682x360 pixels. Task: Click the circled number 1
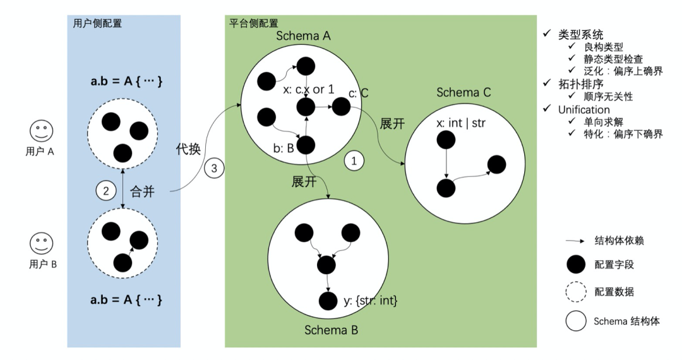[354, 161]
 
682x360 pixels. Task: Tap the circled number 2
[105, 191]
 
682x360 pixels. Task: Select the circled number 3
[214, 168]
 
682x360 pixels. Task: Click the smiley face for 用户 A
[41, 131]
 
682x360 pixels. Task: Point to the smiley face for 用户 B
[41, 244]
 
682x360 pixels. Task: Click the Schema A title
[303, 35]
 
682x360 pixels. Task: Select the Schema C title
[464, 92]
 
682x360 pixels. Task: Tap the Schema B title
[331, 330]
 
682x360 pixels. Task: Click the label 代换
[188, 148]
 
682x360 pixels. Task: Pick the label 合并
[142, 191]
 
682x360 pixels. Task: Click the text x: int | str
[460, 123]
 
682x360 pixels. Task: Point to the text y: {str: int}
[370, 301]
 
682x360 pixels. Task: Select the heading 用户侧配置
[97, 23]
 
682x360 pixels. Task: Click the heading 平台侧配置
[254, 23]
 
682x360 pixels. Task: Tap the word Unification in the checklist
[583, 109]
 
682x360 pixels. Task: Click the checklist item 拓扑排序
[581, 84]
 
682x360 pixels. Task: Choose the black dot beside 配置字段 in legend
[576, 265]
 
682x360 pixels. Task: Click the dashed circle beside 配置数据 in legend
[576, 292]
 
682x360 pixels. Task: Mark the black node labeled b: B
[306, 145]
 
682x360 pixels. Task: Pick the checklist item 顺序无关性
[608, 97]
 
